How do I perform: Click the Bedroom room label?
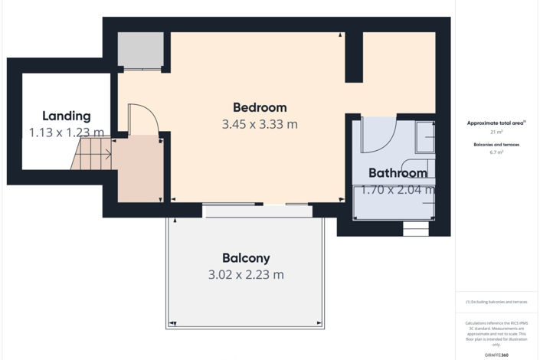[x=260, y=107]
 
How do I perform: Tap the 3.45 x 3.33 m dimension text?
[x=260, y=124]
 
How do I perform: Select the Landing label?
[x=66, y=116]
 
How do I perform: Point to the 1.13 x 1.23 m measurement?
[x=66, y=133]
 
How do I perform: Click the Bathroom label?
[x=397, y=173]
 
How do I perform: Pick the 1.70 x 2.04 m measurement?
[x=397, y=189]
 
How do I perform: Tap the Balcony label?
[x=246, y=258]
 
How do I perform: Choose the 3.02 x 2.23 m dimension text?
[x=246, y=274]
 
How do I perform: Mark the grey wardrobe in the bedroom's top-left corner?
[x=139, y=51]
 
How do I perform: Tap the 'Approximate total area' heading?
[x=496, y=123]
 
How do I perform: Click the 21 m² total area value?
[x=496, y=132]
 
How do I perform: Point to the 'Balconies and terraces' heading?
[x=496, y=144]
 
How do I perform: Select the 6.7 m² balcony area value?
[x=496, y=152]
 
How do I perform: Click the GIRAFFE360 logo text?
[x=496, y=355]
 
